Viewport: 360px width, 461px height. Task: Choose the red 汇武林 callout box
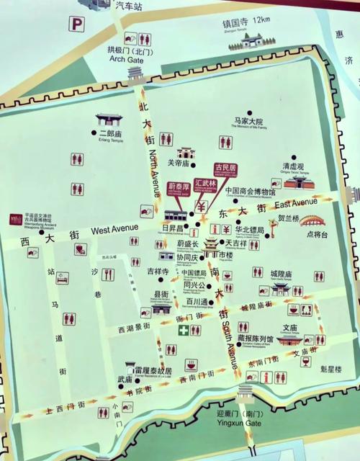click(x=204, y=184)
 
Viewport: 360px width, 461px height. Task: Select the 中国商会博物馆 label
click(x=251, y=192)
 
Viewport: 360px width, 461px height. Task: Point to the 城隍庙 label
click(x=281, y=274)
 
